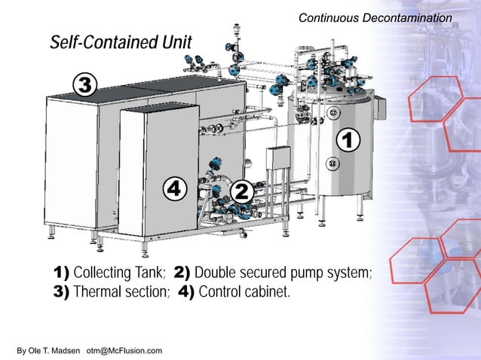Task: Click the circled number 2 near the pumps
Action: pyautogui.click(x=242, y=191)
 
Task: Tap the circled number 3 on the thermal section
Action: pyautogui.click(x=85, y=85)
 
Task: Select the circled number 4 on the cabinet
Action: pyautogui.click(x=174, y=188)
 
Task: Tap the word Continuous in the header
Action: pyautogui.click(x=329, y=17)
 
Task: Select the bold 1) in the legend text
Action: pyautogui.click(x=61, y=272)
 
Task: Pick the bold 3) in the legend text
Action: pyautogui.click(x=61, y=292)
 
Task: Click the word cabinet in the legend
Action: pyautogui.click(x=265, y=292)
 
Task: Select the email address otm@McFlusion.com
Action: pyautogui.click(x=124, y=351)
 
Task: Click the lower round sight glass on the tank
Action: pyautogui.click(x=330, y=163)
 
